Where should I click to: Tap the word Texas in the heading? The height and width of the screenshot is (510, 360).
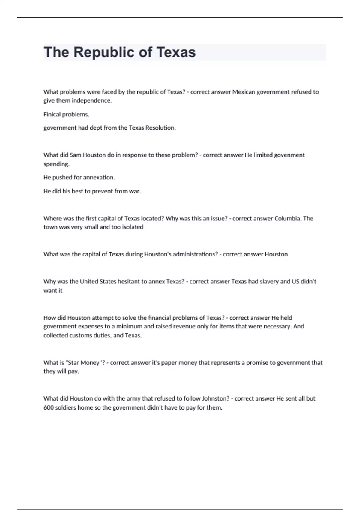point(176,52)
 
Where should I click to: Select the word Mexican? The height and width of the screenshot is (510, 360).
point(244,92)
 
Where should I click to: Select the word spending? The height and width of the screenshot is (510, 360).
point(56,164)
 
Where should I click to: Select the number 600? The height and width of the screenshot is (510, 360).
point(49,407)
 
